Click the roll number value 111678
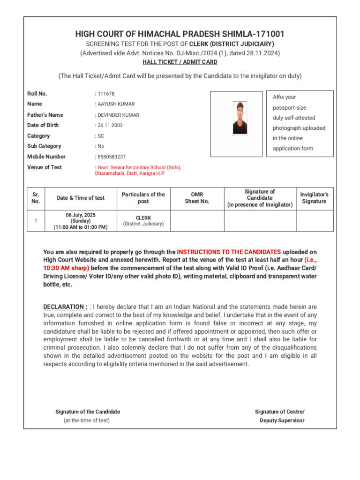[106, 94]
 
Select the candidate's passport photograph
[240, 118]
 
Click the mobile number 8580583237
[112, 157]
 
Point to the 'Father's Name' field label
[45, 115]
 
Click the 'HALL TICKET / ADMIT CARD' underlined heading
[180, 62]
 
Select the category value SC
[101, 136]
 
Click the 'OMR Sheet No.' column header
[197, 198]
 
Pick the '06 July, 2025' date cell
[81, 215]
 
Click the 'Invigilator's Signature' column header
[315, 198]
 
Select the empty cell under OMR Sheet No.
[197, 221]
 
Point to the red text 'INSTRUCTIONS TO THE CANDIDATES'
[229, 252]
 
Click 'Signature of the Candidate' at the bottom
[88, 412]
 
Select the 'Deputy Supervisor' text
[282, 420]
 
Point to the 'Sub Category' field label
[44, 146]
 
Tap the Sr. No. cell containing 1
[36, 221]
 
